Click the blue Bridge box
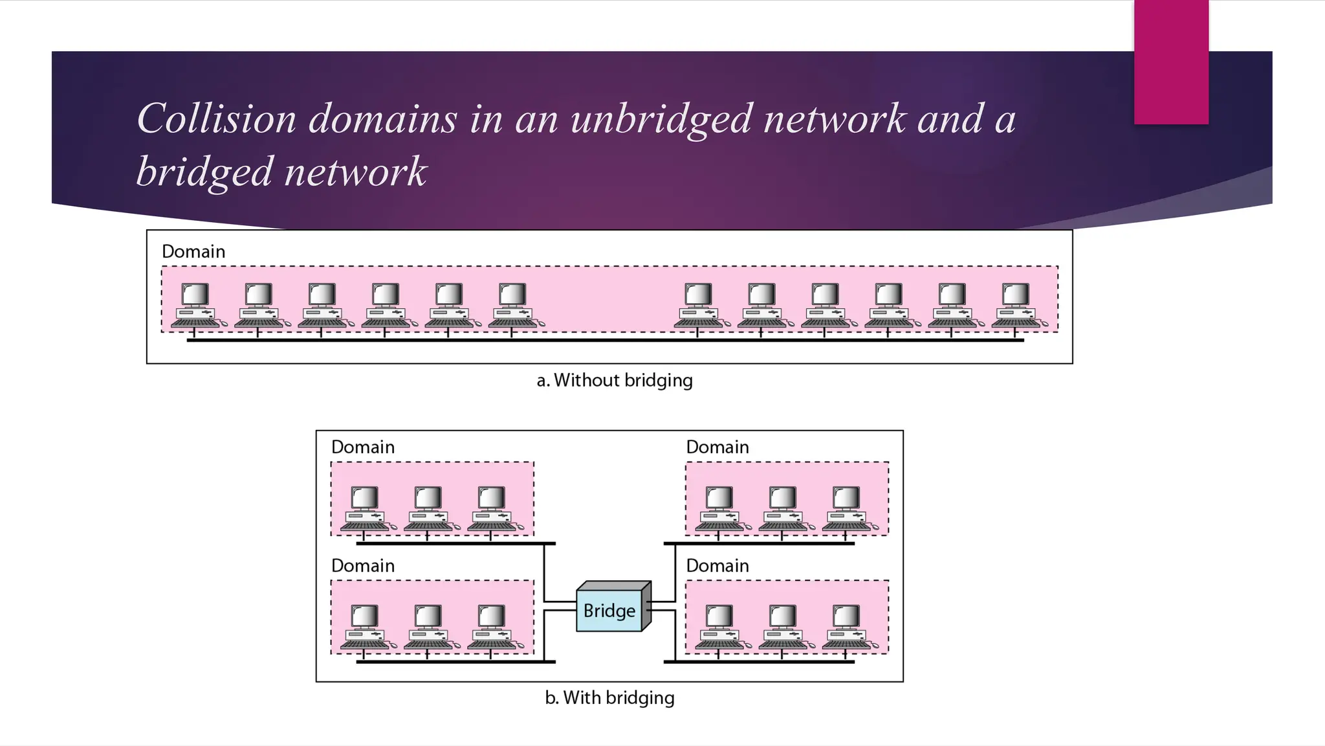pos(609,610)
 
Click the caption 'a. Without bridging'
pos(614,380)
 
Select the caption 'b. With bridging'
pos(609,697)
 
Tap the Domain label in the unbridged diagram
pos(193,251)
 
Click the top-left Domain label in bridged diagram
pos(362,447)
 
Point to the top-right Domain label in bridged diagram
pos(717,447)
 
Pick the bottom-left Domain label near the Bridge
pos(362,565)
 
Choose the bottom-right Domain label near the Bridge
pos(717,565)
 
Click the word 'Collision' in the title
pos(216,119)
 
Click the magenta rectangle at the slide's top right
pos(1170,62)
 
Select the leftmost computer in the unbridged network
pos(196,305)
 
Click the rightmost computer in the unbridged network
pos(1016,305)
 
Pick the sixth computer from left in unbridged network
pos(514,305)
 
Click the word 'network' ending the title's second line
pos(355,172)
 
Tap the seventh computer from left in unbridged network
pos(699,305)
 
